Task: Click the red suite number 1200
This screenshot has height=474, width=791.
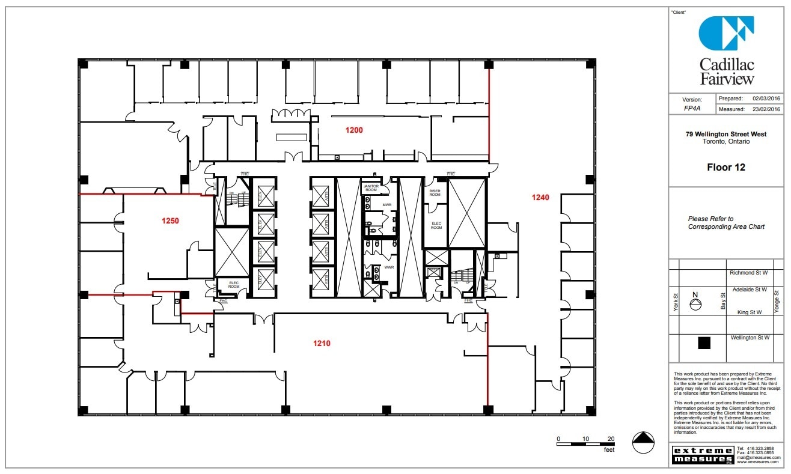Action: (x=353, y=130)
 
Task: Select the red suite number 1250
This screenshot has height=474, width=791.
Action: (x=170, y=220)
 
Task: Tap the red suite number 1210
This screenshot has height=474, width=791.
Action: (x=322, y=344)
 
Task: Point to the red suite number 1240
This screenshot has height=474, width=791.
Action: (x=540, y=197)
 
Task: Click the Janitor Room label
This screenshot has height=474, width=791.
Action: (x=371, y=188)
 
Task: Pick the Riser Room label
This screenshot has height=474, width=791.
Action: (x=435, y=193)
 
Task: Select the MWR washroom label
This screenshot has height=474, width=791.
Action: (x=387, y=205)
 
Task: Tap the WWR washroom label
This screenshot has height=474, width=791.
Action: (x=388, y=267)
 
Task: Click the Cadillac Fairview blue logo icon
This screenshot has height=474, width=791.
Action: (x=726, y=33)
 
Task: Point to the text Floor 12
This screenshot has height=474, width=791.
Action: (x=726, y=168)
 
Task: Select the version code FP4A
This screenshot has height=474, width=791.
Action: (x=691, y=109)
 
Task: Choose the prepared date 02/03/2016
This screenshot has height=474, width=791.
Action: (x=766, y=98)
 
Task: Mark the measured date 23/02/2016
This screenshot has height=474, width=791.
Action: (x=766, y=109)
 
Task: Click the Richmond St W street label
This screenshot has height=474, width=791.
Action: (x=750, y=273)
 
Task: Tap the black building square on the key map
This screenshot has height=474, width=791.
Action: (x=704, y=343)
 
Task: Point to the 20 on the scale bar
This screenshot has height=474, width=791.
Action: (x=611, y=439)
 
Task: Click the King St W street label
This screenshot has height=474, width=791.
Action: (x=750, y=312)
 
